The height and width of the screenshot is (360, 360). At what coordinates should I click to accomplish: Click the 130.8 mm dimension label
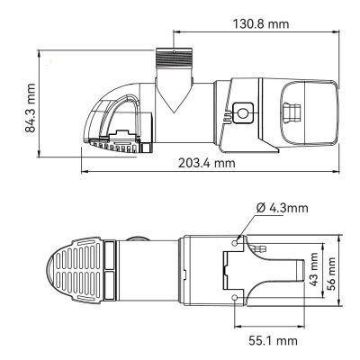pyautogui.click(x=261, y=23)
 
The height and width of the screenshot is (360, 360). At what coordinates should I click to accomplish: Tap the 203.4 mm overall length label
pyautogui.click(x=207, y=163)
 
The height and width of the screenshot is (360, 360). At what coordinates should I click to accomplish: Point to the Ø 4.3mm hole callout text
pyautogui.click(x=283, y=208)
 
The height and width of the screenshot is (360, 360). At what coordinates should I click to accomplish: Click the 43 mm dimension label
pyautogui.click(x=313, y=269)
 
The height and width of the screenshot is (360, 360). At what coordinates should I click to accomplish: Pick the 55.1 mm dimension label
pyautogui.click(x=273, y=341)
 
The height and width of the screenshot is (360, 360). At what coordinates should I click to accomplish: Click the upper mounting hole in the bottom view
pyautogui.click(x=236, y=242)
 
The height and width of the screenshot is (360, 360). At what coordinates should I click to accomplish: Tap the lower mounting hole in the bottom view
pyautogui.click(x=236, y=298)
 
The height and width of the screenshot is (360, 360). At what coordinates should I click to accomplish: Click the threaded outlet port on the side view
pyautogui.click(x=174, y=58)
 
